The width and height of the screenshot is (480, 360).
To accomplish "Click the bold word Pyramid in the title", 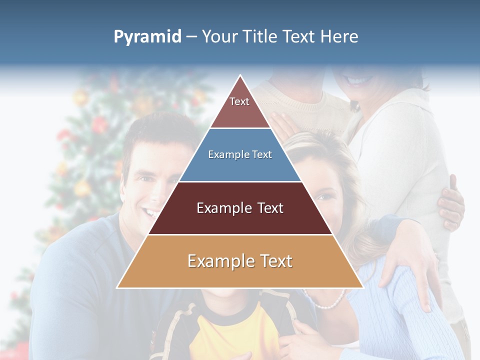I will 147,37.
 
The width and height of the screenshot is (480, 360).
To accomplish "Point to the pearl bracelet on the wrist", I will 330,302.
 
